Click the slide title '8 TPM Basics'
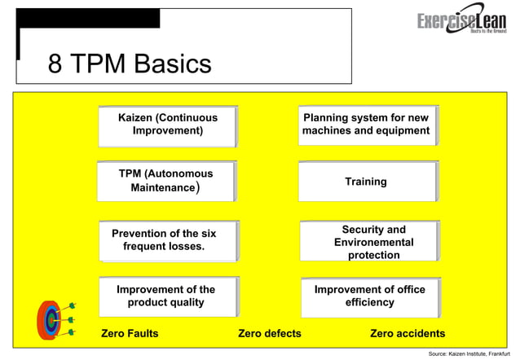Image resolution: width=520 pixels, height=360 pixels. click(x=130, y=64)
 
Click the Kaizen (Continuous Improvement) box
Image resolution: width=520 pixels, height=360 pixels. click(x=168, y=125)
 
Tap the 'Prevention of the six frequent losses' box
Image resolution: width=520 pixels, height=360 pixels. click(x=168, y=240)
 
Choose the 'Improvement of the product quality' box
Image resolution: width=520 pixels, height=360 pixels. click(x=168, y=296)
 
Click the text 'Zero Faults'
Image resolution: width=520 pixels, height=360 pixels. click(x=130, y=333)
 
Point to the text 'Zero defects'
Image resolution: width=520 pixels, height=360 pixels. click(x=269, y=333)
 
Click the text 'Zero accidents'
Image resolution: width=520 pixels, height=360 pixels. click(x=408, y=333)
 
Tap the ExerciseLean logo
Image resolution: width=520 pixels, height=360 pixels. click(x=461, y=24)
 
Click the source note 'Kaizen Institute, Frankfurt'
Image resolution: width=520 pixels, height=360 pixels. click(x=469, y=354)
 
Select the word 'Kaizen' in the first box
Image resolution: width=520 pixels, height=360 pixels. click(x=134, y=117)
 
